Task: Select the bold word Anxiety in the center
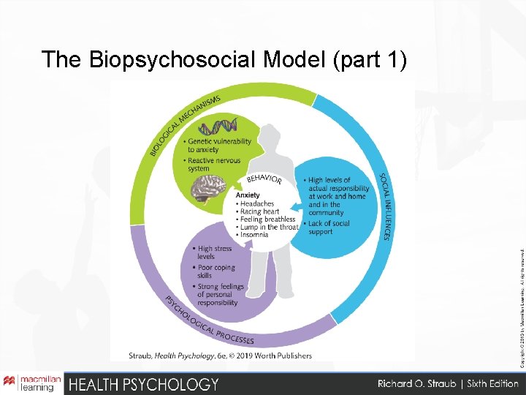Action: click(248, 195)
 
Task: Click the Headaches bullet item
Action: click(257, 203)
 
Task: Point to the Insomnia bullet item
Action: click(256, 235)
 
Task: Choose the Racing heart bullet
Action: click(260, 211)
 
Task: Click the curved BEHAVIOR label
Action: click(264, 178)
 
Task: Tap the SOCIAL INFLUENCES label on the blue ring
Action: click(384, 206)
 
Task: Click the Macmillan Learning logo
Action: click(29, 383)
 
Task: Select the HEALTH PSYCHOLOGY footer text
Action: click(143, 384)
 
